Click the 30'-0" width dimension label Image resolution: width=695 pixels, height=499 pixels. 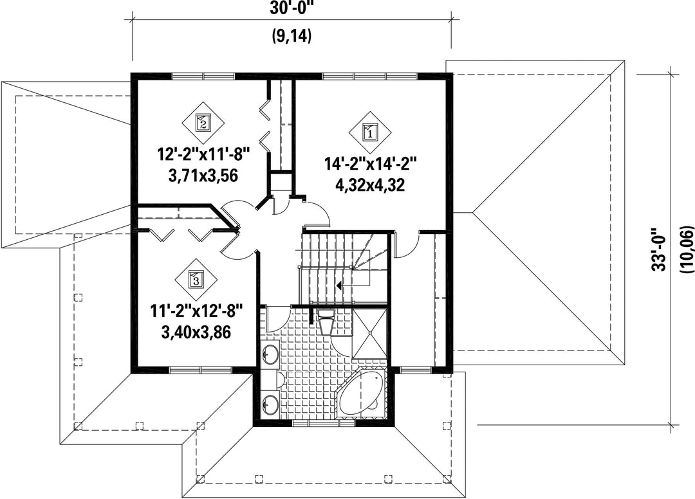pyautogui.click(x=292, y=9)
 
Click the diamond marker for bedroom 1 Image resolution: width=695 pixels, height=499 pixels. pyautogui.click(x=369, y=132)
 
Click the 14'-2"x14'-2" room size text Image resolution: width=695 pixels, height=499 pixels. pyautogui.click(x=371, y=164)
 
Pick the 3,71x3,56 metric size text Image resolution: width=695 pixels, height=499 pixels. pyautogui.click(x=203, y=176)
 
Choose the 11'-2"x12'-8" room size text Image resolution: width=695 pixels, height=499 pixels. pyautogui.click(x=197, y=312)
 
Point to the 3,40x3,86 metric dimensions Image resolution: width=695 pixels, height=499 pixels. pyautogui.click(x=196, y=332)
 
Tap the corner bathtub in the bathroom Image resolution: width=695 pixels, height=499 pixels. pyautogui.click(x=361, y=393)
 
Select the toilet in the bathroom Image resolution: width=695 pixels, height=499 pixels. pyautogui.click(x=326, y=320)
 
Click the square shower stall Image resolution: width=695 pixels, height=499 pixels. pyautogui.click(x=369, y=334)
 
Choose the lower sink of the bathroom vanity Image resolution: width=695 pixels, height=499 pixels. pyautogui.click(x=269, y=403)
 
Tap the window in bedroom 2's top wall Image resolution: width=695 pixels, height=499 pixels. pyautogui.click(x=203, y=76)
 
